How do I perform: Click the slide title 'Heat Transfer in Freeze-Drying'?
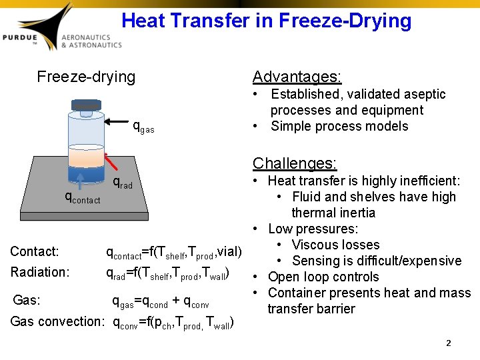pyautogui.click(x=266, y=21)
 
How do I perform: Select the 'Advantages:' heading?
pyautogui.click(x=297, y=77)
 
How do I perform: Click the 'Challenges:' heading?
pyautogui.click(x=294, y=163)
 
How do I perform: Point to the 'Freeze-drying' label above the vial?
pyautogui.click(x=86, y=77)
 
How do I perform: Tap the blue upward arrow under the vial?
pyautogui.click(x=80, y=181)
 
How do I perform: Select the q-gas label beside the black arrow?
pyautogui.click(x=143, y=126)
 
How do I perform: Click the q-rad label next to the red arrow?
pyautogui.click(x=123, y=183)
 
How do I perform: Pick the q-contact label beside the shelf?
pyautogui.click(x=82, y=197)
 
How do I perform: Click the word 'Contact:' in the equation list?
pyautogui.click(x=35, y=251)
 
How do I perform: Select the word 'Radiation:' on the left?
pyautogui.click(x=40, y=271)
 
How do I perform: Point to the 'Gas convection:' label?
pyautogui.click(x=57, y=321)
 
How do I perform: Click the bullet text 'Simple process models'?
pyautogui.click(x=339, y=126)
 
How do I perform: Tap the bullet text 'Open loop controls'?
pyautogui.click(x=323, y=277)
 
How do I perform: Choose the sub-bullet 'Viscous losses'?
pyautogui.click(x=335, y=245)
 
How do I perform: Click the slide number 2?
pyautogui.click(x=449, y=343)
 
